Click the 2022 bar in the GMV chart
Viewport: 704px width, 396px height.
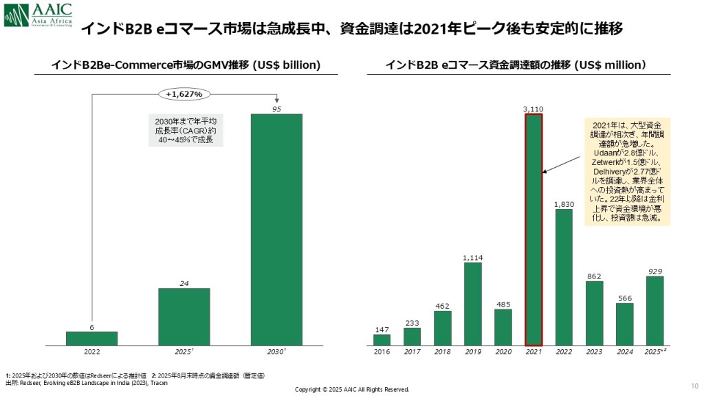click(91, 338)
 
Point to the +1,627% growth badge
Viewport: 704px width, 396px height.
click(184, 93)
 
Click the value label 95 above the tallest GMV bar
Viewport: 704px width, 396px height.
click(276, 109)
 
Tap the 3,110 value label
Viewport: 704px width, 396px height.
click(533, 109)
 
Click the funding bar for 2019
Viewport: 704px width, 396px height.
click(472, 303)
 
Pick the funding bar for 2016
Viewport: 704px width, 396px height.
click(382, 340)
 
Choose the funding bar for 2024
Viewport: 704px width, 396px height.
click(624, 324)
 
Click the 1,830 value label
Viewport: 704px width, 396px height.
click(564, 204)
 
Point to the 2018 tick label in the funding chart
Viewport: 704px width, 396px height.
click(442, 351)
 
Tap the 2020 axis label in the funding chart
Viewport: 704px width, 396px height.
click(503, 351)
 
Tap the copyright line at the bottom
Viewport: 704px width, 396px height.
click(351, 389)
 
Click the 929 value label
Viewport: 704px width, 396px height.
click(654, 272)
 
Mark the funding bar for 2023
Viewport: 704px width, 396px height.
click(594, 313)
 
